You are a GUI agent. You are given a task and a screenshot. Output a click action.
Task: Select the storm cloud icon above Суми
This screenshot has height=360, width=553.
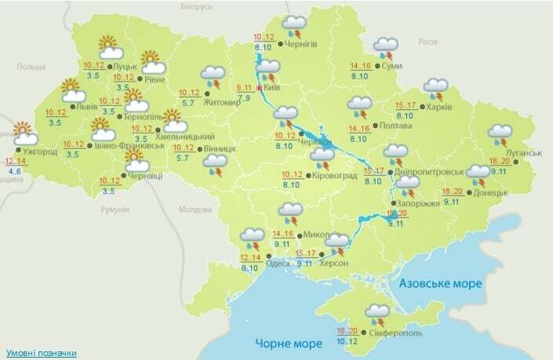pyautogui.click(x=384, y=49)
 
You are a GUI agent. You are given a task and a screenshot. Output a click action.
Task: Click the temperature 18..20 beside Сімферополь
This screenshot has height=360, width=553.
pyautogui.click(x=347, y=331)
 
